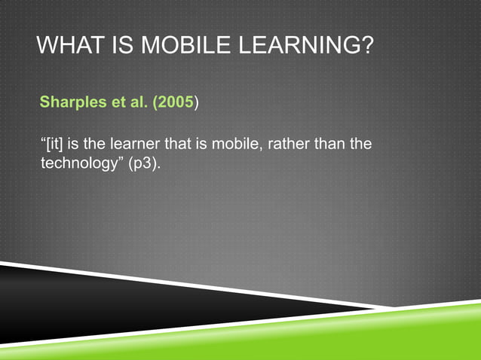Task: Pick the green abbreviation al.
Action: point(137,103)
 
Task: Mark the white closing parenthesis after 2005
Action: point(198,103)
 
